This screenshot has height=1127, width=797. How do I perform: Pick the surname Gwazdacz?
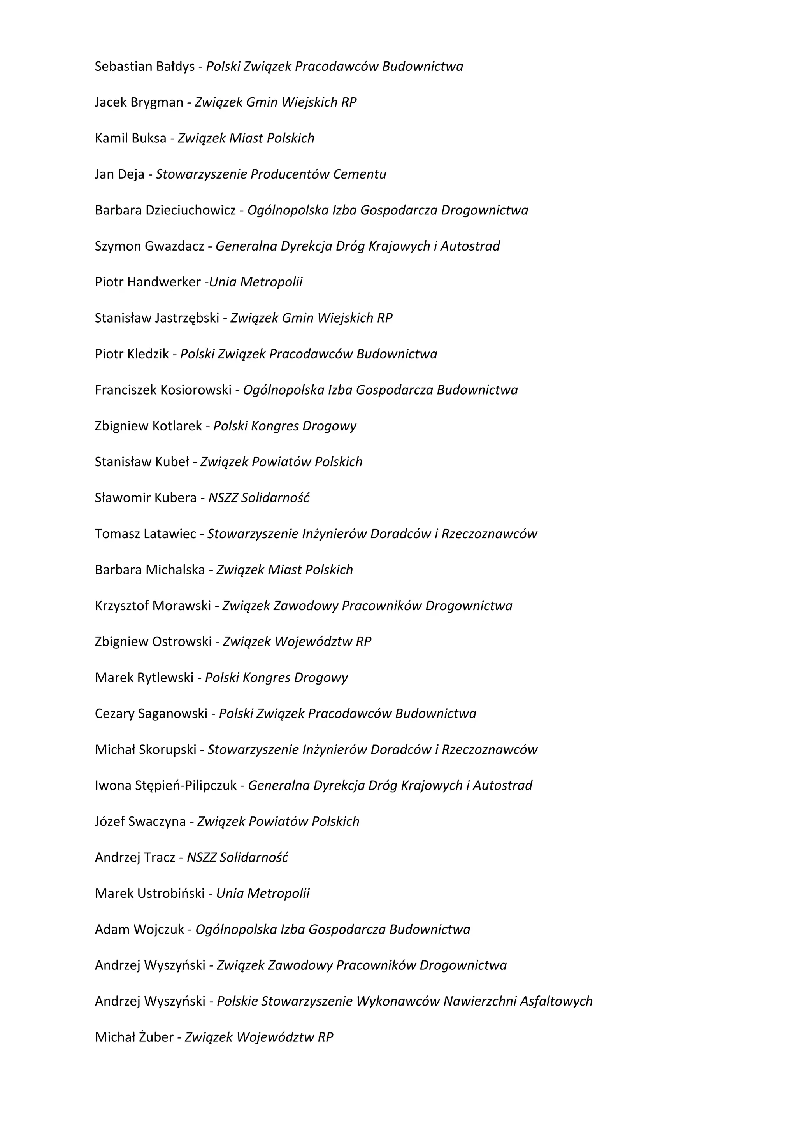[x=174, y=246]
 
